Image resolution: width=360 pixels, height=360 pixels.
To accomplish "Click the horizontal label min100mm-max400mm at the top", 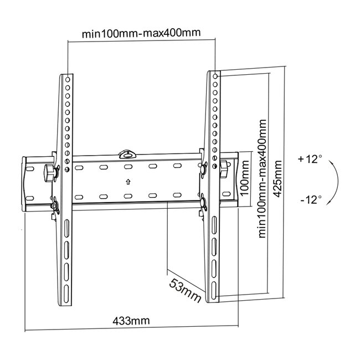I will [x=141, y=33].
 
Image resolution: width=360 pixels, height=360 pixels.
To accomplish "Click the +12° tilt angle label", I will [x=309, y=159].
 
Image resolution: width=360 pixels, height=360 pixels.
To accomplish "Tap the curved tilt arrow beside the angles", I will [x=335, y=179].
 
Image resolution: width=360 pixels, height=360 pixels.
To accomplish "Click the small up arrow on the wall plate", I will [x=127, y=181].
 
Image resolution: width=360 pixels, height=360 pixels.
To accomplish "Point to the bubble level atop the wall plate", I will [x=127, y=150].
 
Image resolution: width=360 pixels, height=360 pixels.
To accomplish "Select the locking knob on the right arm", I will [x=224, y=169].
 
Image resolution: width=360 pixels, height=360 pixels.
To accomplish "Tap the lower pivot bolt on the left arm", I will [x=56, y=206].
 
